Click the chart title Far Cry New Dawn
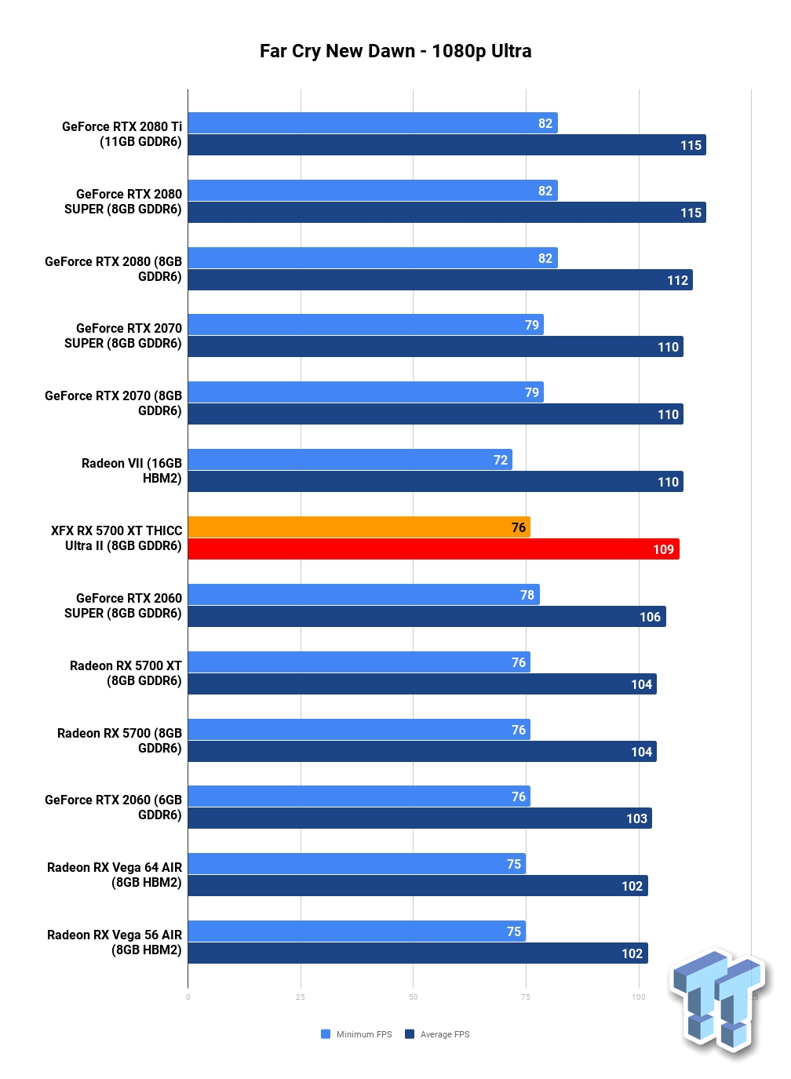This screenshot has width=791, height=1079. coord(395,51)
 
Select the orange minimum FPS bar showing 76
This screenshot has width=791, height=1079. coord(359,527)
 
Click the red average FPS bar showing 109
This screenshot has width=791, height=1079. coord(433,549)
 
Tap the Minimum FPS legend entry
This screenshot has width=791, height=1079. coord(357,1034)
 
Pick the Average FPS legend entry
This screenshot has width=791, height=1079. coord(438,1034)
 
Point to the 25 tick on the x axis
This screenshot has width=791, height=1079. coord(301,997)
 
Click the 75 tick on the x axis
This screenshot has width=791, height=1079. coord(526,997)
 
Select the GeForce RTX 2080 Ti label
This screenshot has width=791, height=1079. coord(122,134)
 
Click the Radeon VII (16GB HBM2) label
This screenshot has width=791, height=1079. coord(132,471)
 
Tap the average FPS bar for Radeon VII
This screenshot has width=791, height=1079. coord(435,482)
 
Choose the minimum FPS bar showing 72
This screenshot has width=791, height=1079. coord(349,460)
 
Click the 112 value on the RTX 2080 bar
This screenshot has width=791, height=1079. coord(677,280)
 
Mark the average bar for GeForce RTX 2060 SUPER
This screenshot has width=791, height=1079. coord(426,617)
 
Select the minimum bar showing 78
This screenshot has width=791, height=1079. coord(363,595)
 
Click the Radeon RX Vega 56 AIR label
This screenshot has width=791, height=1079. coord(115,942)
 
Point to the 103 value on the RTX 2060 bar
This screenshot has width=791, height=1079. coord(636,818)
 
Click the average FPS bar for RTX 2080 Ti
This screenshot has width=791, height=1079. coord(447,145)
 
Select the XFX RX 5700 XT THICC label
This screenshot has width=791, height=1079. coord(117,538)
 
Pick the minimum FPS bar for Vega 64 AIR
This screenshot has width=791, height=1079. coord(356,864)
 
